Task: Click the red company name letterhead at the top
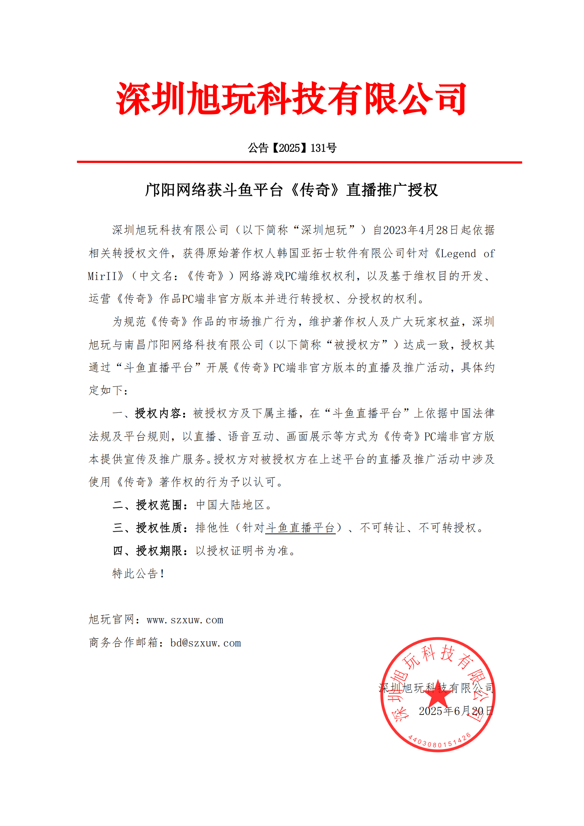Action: pyautogui.click(x=291, y=99)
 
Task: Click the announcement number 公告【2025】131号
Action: pyautogui.click(x=292, y=148)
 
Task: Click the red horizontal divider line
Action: pyautogui.click(x=299, y=162)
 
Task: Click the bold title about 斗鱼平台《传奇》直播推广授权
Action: pyautogui.click(x=291, y=190)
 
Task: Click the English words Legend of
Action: pyautogui.click(x=467, y=254)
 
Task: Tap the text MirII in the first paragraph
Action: pyautogui.click(x=102, y=276)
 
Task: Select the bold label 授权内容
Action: pyautogui.click(x=159, y=413)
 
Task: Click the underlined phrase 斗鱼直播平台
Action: pyautogui.click(x=300, y=528)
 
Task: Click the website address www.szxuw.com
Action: pyautogui.click(x=185, y=620)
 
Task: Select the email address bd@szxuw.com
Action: pyautogui.click(x=206, y=643)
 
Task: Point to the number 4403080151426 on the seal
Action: pyautogui.click(x=439, y=742)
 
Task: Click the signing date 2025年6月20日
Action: pyautogui.click(x=456, y=711)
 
